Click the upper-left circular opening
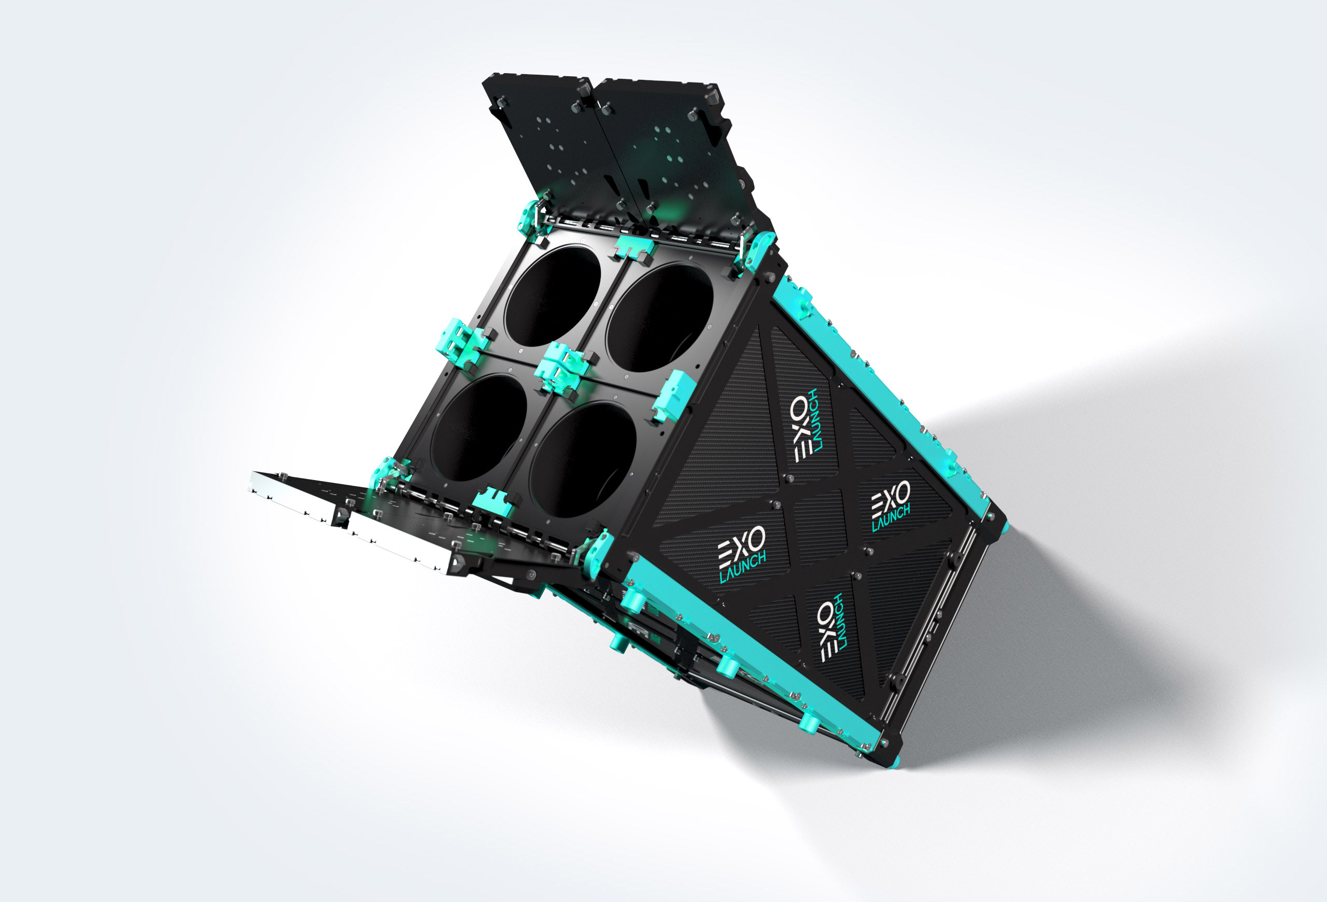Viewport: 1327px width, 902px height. click(552, 295)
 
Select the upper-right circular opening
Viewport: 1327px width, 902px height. click(659, 318)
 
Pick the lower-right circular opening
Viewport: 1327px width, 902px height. click(583, 460)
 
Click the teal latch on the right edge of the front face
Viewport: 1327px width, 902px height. click(673, 393)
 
